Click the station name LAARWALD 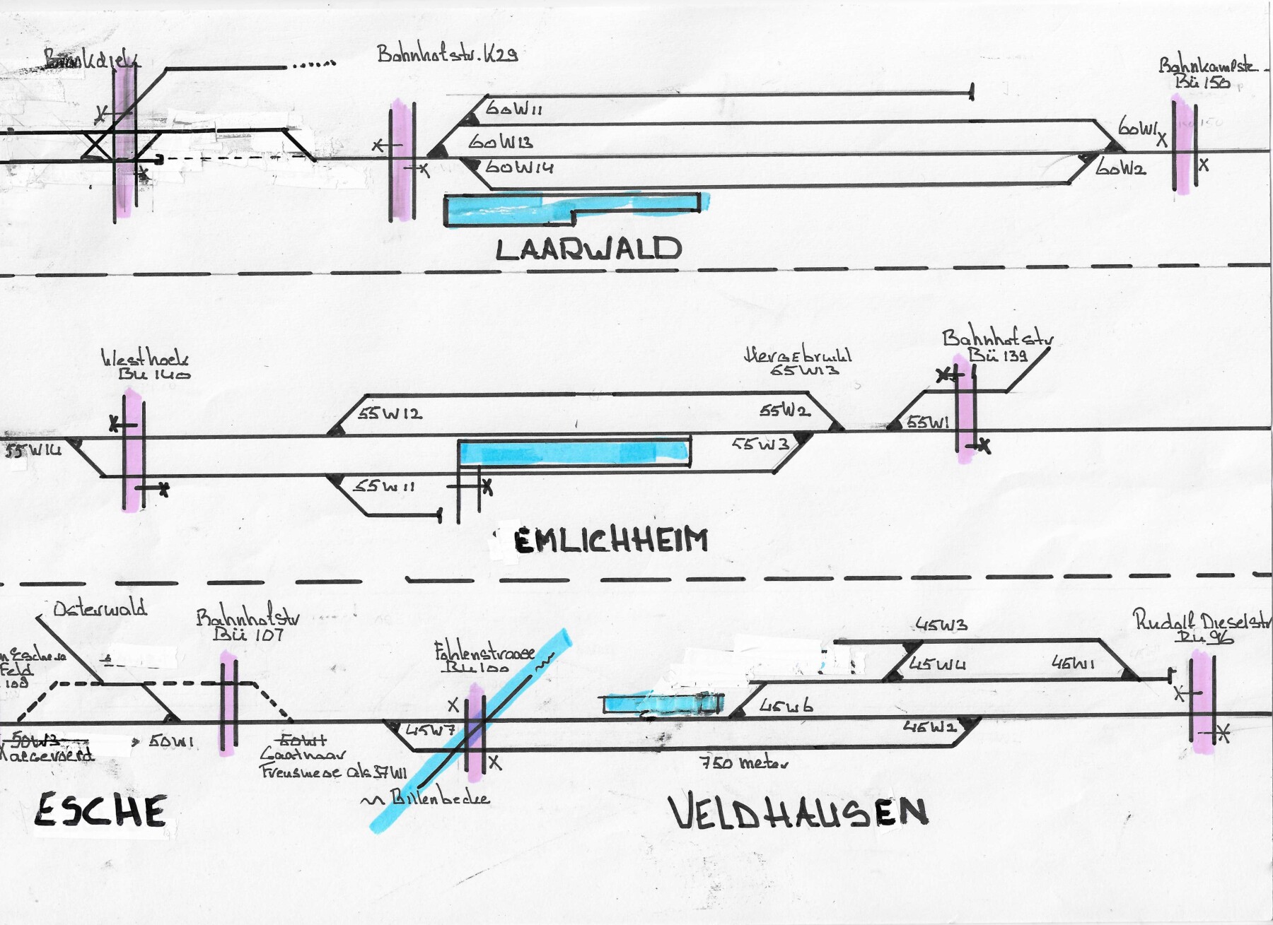pyautogui.click(x=588, y=249)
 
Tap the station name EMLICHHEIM pyautogui.click(x=610, y=541)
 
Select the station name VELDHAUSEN pyautogui.click(x=798, y=812)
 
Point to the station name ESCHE pyautogui.click(x=100, y=810)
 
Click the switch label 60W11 pyautogui.click(x=514, y=109)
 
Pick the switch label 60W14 pyautogui.click(x=519, y=167)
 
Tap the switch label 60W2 pyautogui.click(x=1120, y=168)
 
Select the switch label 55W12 pyautogui.click(x=390, y=413)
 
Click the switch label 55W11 pyautogui.click(x=384, y=486)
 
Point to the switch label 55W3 pyautogui.click(x=760, y=444)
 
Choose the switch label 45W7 pyautogui.click(x=430, y=731)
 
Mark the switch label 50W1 pyautogui.click(x=171, y=741)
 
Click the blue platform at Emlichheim pyautogui.click(x=574, y=452)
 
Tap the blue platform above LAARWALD pyautogui.click(x=571, y=208)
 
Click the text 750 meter pyautogui.click(x=743, y=762)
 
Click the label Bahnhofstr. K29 pyautogui.click(x=447, y=54)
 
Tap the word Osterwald pyautogui.click(x=100, y=608)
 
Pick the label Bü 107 pyautogui.click(x=248, y=634)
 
